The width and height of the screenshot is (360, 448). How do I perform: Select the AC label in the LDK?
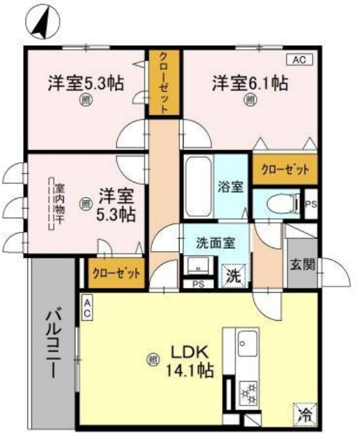pyautogui.click(x=88, y=307)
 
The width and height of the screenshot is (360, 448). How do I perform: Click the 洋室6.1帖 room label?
pyautogui.click(x=248, y=83)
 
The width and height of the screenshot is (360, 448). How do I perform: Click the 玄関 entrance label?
pyautogui.click(x=302, y=265)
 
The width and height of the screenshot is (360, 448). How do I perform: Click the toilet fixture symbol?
pyautogui.click(x=278, y=202)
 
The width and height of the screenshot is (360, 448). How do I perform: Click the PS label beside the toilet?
pyautogui.click(x=311, y=203)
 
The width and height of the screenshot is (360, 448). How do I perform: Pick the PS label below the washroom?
pyautogui.click(x=199, y=285)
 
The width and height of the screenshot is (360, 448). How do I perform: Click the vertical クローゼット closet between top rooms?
pyautogui.click(x=165, y=82)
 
